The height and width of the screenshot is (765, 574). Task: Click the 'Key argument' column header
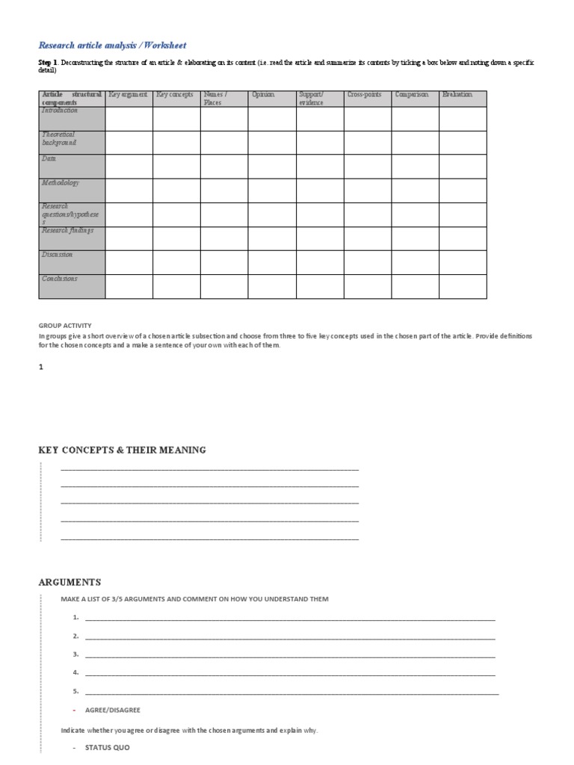(129, 95)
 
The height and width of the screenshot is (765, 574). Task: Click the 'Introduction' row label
(60, 111)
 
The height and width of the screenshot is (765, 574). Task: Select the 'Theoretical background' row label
(59, 138)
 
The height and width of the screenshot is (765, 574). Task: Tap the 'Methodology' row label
(61, 183)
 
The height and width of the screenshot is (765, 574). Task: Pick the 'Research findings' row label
(68, 231)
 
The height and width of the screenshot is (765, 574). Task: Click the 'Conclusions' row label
(60, 279)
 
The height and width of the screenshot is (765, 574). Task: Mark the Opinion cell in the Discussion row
(272, 262)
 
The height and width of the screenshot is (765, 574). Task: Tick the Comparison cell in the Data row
(415, 167)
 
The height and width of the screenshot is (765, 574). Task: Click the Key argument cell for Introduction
(129, 119)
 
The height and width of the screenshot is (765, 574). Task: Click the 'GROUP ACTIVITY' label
(65, 326)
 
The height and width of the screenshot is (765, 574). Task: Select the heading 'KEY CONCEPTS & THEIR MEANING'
(122, 450)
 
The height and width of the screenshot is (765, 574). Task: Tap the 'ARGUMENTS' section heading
(70, 582)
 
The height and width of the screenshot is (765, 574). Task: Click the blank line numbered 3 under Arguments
(290, 655)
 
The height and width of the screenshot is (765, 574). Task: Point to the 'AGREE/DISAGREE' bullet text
(112, 710)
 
